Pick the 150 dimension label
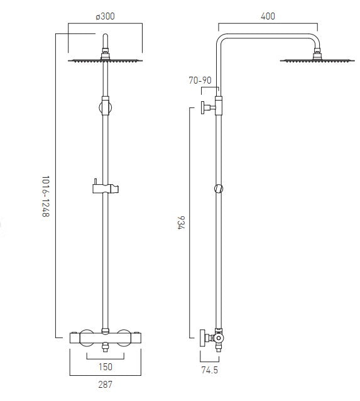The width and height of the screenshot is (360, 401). pos(105,366)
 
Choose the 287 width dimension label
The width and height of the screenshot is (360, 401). pos(105,384)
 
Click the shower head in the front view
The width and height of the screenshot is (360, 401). pos(105,61)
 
